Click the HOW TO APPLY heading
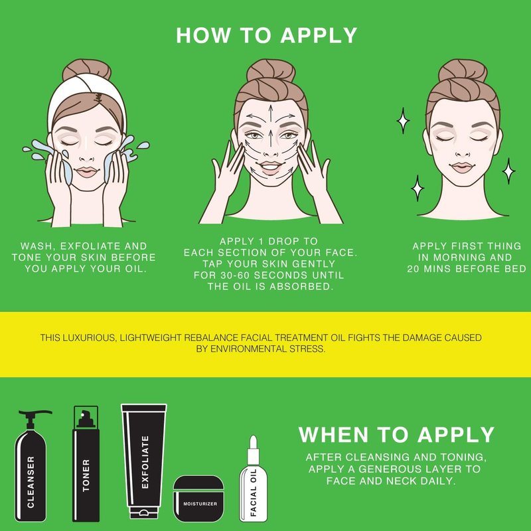tap(267, 35)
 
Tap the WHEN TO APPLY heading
tap(396, 435)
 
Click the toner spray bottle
tap(86, 464)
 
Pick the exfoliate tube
tap(144, 461)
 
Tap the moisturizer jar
tap(198, 498)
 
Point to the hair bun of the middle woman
tap(271, 70)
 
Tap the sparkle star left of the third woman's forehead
tap(403, 121)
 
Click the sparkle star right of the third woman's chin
tap(508, 171)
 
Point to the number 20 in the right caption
tap(414, 269)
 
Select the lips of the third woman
tap(462, 167)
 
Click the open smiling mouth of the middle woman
tap(270, 167)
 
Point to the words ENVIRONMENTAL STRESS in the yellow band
tap(267, 349)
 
